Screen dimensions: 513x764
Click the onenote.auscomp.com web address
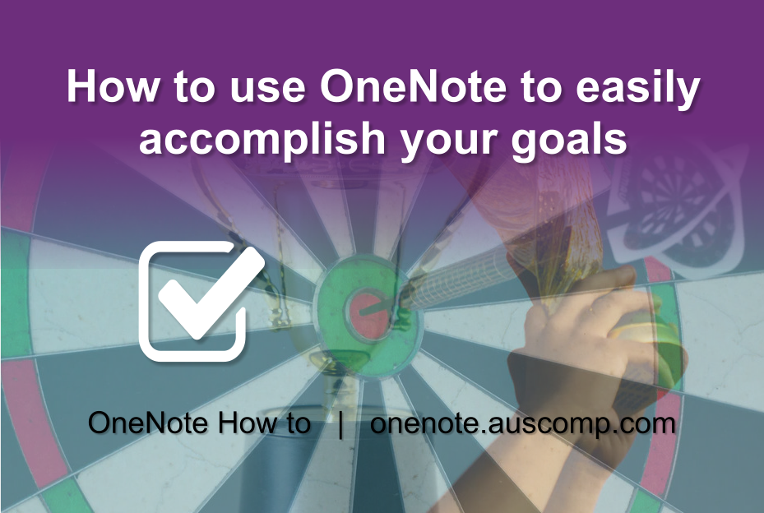click(523, 424)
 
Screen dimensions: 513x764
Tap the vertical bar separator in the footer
click(340, 424)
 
